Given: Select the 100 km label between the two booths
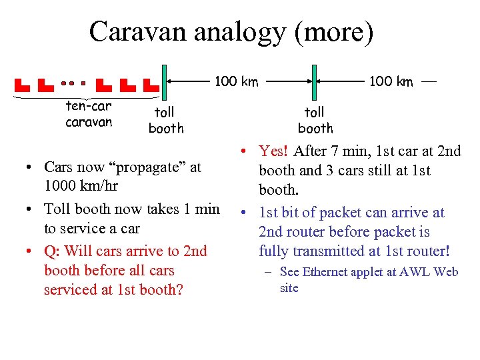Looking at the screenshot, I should [236, 81].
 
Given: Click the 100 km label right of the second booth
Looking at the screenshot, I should [391, 81].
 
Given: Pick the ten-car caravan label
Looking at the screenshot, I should [89, 114].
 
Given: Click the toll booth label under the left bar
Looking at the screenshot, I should [165, 120].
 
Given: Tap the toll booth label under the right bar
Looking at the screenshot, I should [315, 120].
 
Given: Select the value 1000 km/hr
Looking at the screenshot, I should [81, 186].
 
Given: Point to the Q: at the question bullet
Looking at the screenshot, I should [53, 251].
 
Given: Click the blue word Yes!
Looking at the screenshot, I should [274, 151].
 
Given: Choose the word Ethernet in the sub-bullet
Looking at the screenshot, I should [325, 271].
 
